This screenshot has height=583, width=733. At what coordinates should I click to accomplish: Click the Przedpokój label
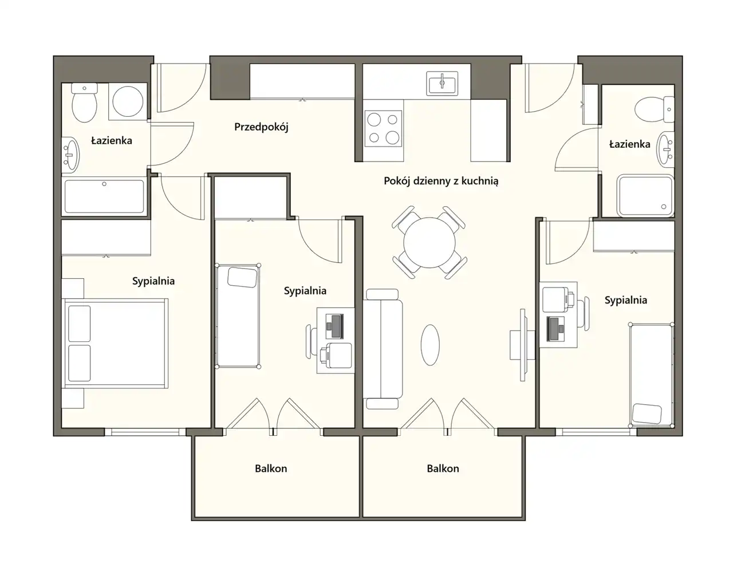tap(261, 127)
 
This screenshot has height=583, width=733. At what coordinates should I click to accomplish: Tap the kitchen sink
tap(442, 83)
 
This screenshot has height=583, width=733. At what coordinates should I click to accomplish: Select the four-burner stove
tap(383, 128)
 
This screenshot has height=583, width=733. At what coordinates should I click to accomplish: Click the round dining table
tap(429, 243)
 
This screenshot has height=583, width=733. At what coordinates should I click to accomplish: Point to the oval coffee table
tap(430, 345)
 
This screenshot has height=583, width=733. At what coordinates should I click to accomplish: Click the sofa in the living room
tap(383, 349)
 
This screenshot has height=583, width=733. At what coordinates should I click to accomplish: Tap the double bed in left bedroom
tap(115, 344)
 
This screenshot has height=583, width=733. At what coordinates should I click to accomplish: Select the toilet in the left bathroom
tap(84, 103)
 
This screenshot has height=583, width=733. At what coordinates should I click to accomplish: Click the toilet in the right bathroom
tap(655, 109)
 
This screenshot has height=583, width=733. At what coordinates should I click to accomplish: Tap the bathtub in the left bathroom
tap(104, 196)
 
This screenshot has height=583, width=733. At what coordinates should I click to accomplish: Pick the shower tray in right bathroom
tap(645, 196)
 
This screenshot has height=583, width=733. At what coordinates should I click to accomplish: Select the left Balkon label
tap(271, 468)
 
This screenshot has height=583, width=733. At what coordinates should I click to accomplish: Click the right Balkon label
tap(443, 468)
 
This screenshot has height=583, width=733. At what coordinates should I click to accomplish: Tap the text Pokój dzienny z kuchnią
tap(441, 181)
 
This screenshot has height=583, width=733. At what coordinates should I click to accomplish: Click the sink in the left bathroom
tap(70, 155)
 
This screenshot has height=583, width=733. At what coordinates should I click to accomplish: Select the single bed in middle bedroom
tap(238, 316)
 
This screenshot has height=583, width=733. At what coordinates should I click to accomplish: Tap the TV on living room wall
tap(523, 345)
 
